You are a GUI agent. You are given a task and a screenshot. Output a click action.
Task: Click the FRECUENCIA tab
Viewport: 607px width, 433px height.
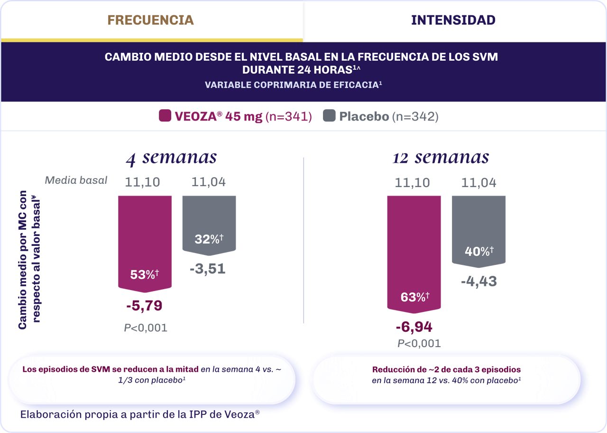[151, 20]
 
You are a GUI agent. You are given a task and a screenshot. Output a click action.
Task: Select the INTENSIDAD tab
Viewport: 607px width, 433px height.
[453, 20]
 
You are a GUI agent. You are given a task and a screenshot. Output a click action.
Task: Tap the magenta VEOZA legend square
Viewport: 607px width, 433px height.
[165, 116]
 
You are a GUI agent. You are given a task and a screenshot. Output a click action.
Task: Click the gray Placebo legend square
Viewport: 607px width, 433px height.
[329, 116]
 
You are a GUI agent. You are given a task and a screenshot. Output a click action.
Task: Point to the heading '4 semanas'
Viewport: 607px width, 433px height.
[171, 157]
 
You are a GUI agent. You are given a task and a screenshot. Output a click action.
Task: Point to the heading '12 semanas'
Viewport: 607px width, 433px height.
[441, 157]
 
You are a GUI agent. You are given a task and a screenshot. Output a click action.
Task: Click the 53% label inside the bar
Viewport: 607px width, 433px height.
[144, 274]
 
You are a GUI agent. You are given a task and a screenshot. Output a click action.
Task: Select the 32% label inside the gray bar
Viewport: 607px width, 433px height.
[209, 239]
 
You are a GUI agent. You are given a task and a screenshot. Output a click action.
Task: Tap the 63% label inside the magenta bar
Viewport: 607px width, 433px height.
[414, 297]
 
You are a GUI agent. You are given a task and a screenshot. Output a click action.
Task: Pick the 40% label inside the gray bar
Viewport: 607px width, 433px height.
[479, 252]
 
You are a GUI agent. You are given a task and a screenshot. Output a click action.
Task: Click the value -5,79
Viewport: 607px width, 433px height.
[144, 306]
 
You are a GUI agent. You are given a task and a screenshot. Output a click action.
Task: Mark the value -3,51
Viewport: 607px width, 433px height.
[208, 269]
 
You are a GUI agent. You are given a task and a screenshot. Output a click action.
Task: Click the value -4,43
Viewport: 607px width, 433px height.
[478, 281]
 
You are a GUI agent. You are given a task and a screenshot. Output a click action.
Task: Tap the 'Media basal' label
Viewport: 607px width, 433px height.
[76, 180]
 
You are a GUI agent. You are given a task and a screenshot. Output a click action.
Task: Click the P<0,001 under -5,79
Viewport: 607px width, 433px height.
[146, 328]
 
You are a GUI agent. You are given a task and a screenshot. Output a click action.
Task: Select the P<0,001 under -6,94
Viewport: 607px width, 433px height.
[419, 343]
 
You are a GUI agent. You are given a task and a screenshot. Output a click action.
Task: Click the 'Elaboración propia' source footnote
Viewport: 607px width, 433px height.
[140, 414]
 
